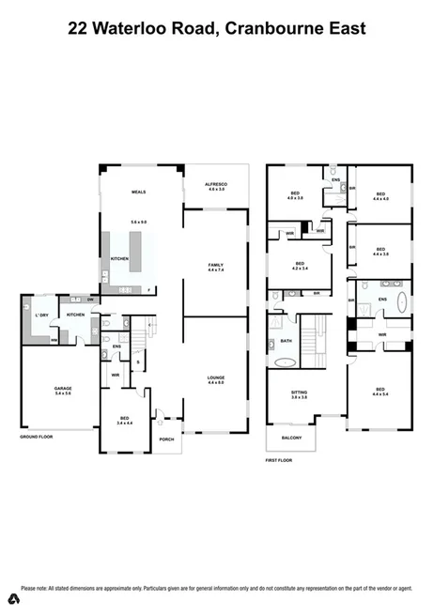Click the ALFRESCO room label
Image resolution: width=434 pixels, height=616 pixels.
point(215,184)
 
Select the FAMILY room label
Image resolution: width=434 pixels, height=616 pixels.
point(215,266)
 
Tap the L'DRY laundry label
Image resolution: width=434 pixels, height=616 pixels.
point(41,315)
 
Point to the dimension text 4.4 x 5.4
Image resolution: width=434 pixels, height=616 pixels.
point(380,394)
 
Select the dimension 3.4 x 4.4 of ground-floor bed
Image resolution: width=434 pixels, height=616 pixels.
point(124,423)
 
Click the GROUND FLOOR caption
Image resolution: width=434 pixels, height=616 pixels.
point(37,437)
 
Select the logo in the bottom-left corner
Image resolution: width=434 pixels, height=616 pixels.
point(14,599)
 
